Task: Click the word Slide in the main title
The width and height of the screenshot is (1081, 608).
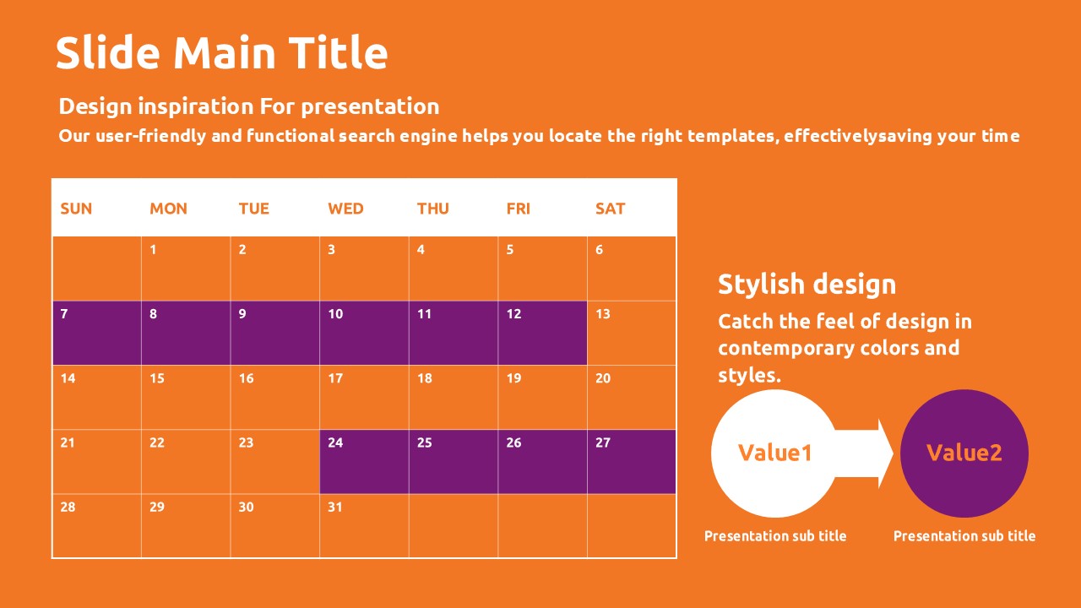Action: (x=108, y=52)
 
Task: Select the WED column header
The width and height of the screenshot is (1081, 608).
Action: (x=345, y=209)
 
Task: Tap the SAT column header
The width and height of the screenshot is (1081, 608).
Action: (x=610, y=209)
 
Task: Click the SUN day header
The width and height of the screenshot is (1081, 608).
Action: (x=76, y=209)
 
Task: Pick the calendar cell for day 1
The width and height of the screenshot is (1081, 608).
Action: (x=186, y=269)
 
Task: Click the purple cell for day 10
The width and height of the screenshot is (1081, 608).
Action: (x=364, y=333)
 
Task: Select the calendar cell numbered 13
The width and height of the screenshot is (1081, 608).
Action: (x=632, y=333)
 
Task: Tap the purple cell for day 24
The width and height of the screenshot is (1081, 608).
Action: (x=364, y=462)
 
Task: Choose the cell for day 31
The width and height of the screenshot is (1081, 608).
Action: (x=364, y=526)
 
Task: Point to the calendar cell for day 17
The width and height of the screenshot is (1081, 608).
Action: (x=364, y=398)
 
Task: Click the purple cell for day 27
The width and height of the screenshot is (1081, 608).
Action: (x=632, y=462)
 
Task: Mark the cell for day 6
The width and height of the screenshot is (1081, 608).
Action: (x=632, y=269)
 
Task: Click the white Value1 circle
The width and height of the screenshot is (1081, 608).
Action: (x=774, y=453)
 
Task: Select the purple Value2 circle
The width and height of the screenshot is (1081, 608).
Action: (x=964, y=453)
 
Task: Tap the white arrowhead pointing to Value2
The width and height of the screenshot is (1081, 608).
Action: (x=885, y=453)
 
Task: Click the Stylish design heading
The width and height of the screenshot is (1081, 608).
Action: (x=807, y=285)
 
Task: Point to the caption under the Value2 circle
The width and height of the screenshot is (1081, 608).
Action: (x=964, y=535)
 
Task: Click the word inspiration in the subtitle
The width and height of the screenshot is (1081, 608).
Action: (x=196, y=106)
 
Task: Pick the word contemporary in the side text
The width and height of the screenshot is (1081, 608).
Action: (x=785, y=349)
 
